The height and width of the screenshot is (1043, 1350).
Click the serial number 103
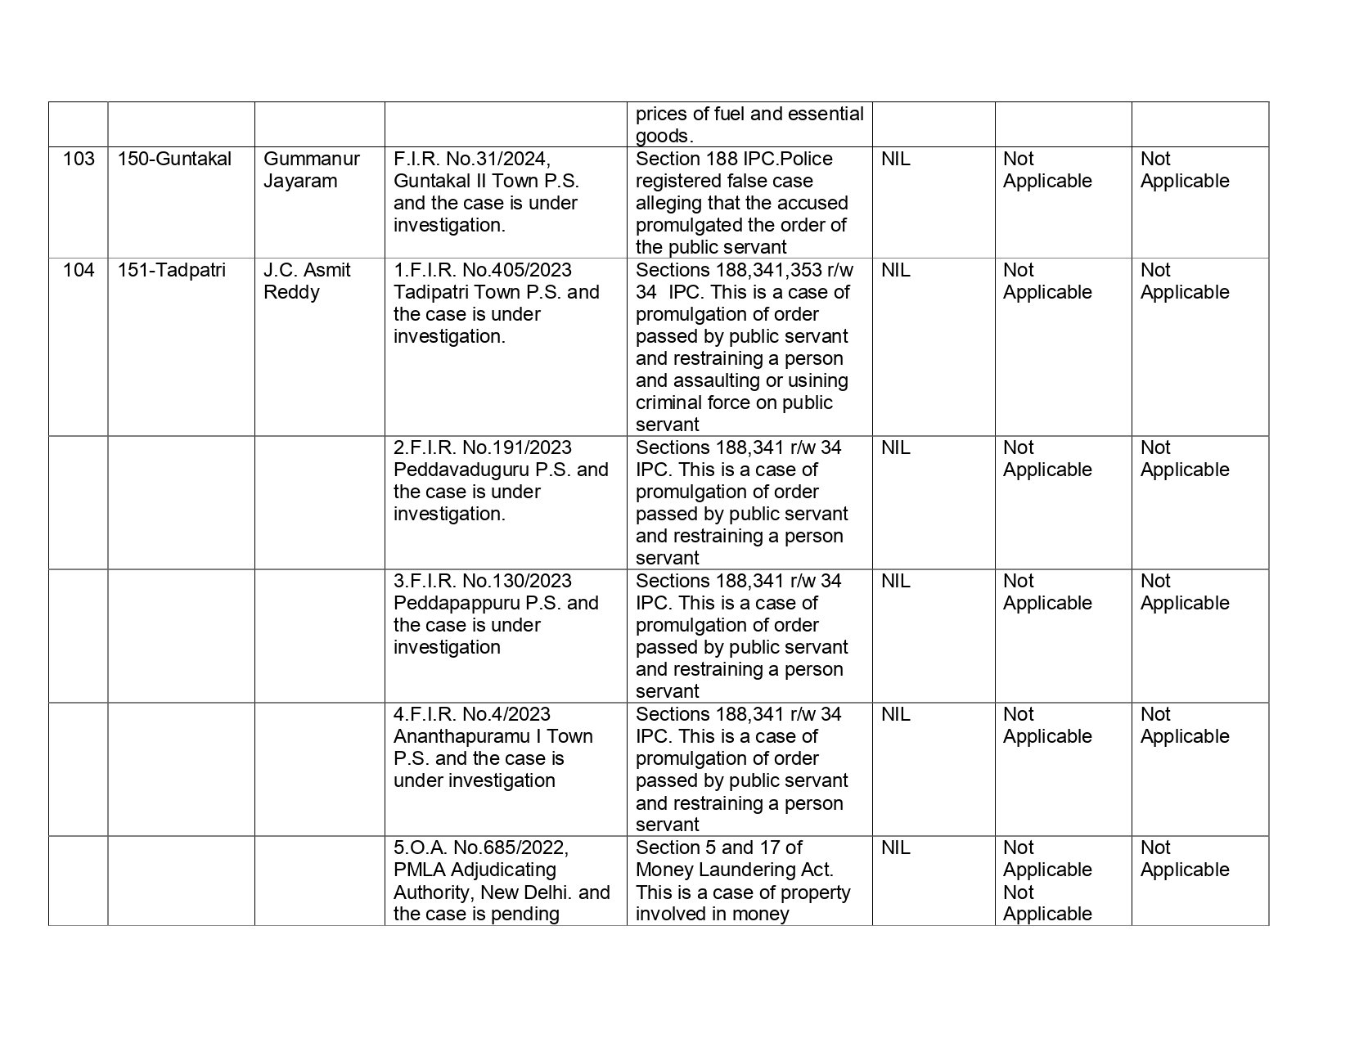(79, 159)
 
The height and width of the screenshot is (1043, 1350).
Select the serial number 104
(79, 270)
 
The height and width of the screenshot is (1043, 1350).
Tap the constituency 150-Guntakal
(174, 159)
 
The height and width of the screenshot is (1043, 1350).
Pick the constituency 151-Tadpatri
(171, 270)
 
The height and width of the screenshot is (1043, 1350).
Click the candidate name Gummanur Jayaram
(312, 169)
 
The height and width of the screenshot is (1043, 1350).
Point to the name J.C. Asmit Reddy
(307, 281)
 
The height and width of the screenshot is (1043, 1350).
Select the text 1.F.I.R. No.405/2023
(483, 270)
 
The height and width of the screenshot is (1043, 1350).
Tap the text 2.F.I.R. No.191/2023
(483, 447)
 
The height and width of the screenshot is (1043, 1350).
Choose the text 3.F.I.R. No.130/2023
(483, 581)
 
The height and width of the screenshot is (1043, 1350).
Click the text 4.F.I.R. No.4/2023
(472, 714)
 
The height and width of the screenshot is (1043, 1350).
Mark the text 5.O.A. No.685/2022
(481, 847)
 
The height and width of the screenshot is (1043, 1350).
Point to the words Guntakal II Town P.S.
(486, 181)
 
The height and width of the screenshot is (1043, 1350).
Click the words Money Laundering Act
(734, 870)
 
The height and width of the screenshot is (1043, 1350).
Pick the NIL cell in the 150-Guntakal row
(896, 159)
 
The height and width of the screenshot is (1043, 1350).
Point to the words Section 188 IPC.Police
(734, 159)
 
